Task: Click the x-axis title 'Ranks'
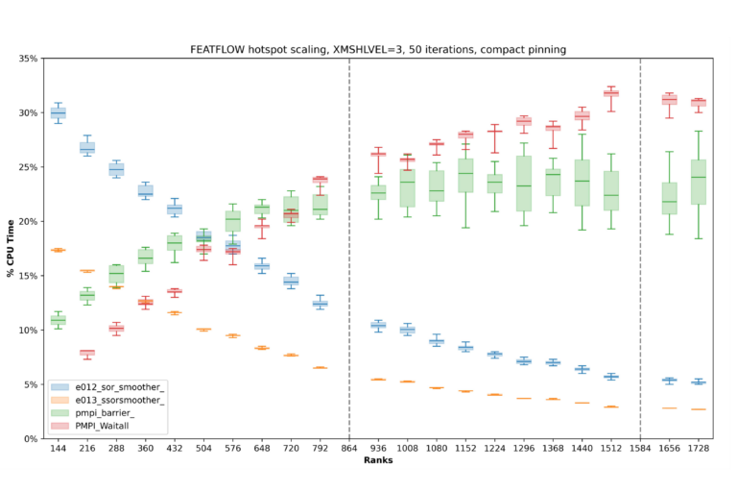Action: (x=377, y=460)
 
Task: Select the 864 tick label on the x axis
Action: (x=349, y=448)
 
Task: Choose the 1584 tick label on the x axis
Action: (x=641, y=448)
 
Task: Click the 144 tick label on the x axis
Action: (x=58, y=448)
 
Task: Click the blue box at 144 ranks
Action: (x=58, y=112)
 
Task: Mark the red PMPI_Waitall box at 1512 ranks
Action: (x=610, y=93)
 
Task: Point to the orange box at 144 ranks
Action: (x=58, y=250)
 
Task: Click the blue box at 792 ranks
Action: (x=320, y=304)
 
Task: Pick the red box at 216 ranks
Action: (x=87, y=353)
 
